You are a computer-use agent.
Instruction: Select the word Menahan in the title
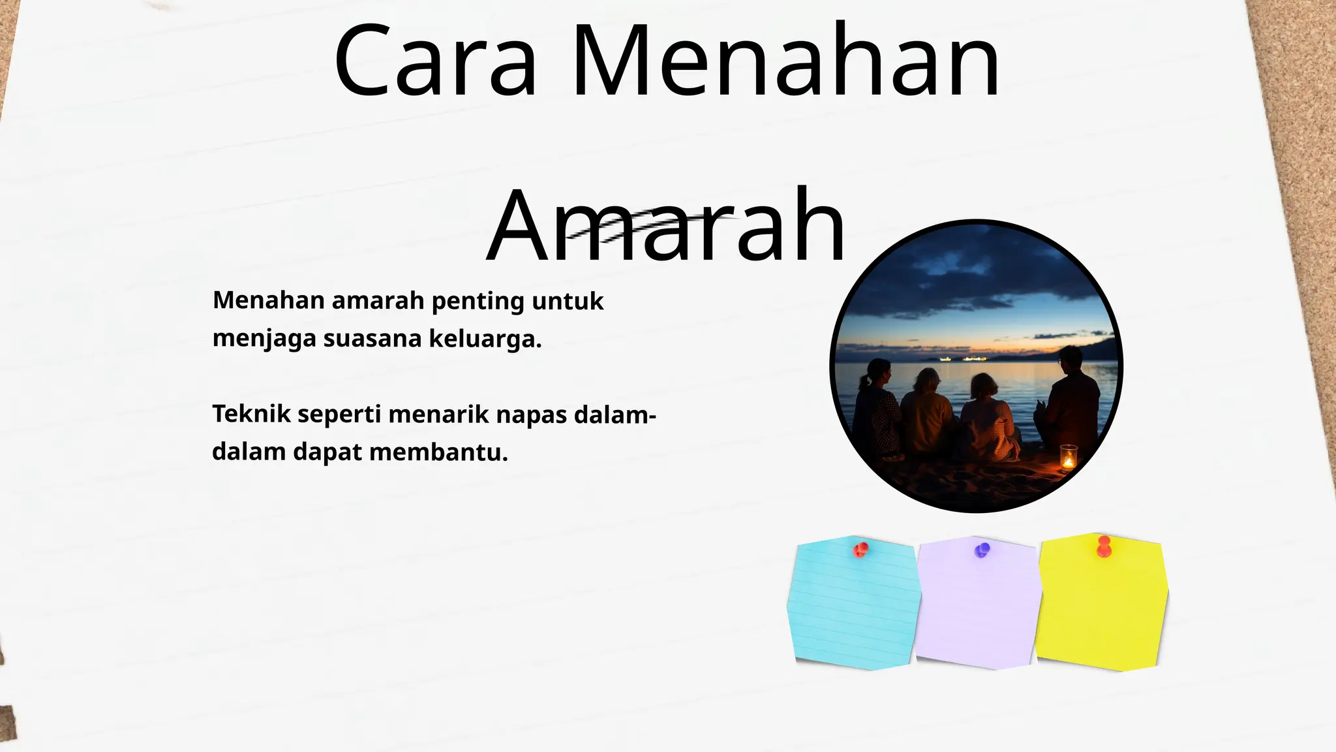[786, 61]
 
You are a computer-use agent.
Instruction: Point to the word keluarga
[485, 339]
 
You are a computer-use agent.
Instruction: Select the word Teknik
[251, 414]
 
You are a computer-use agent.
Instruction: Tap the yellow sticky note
[1101, 607]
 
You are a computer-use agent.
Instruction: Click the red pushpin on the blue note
[860, 550]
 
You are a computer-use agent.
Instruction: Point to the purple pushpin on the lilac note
[982, 550]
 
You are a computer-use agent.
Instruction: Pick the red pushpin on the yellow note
[1104, 547]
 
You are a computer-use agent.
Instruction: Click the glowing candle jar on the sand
[1068, 458]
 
